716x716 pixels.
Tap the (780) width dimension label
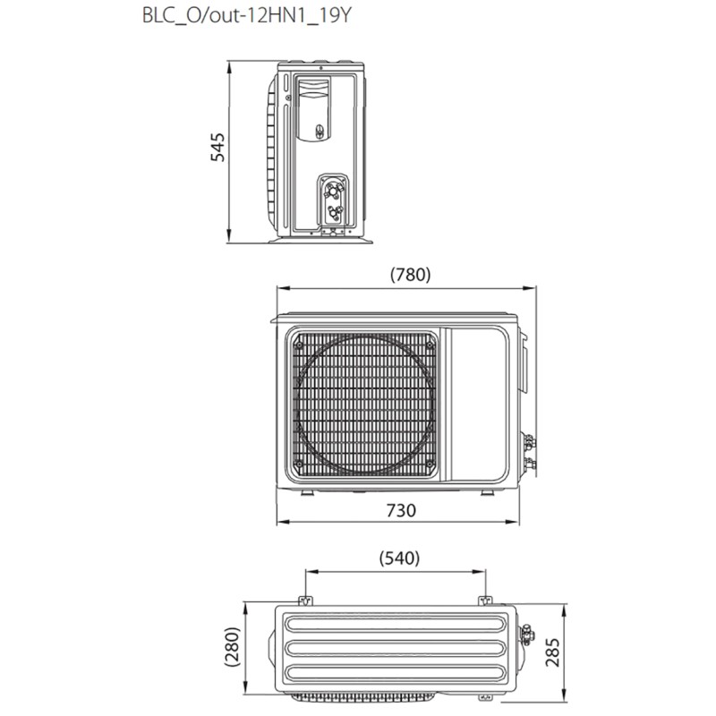point(411,275)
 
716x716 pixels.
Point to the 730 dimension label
point(402,510)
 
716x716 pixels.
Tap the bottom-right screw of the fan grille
point(430,465)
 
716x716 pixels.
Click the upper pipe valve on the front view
point(528,440)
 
